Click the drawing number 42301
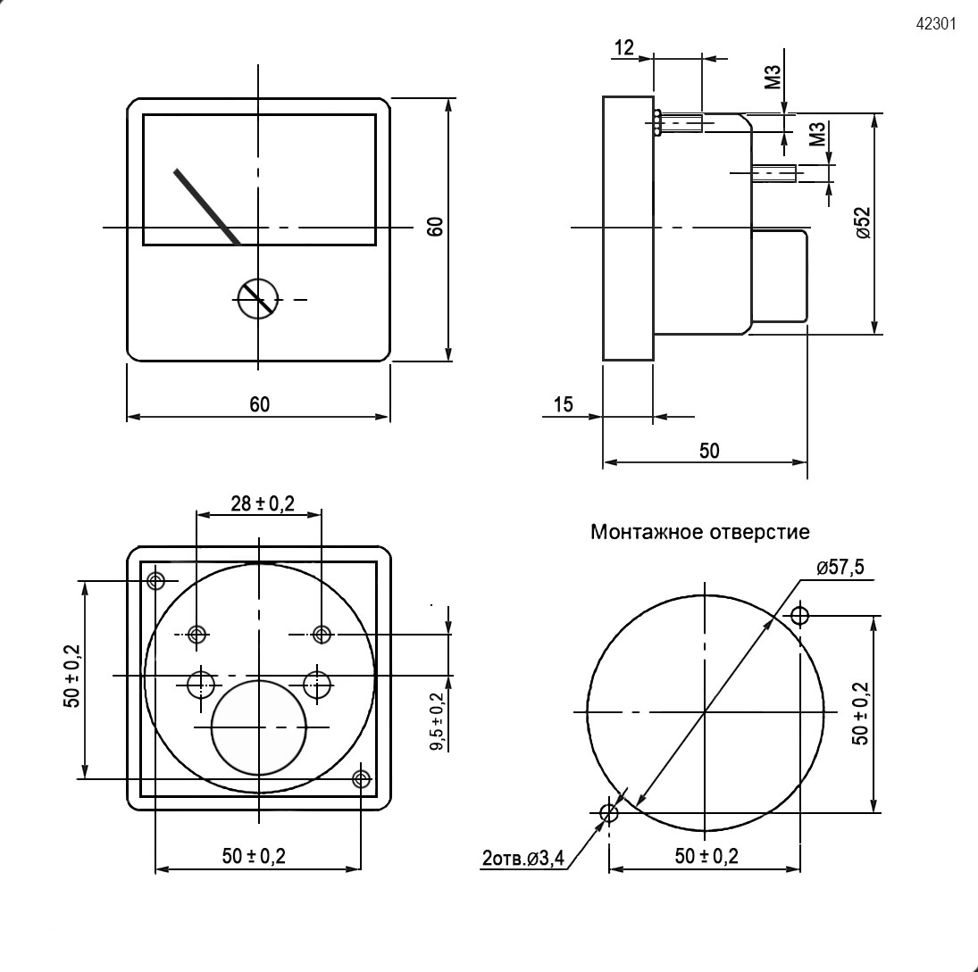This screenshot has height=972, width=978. click(x=936, y=24)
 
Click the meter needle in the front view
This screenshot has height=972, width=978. click(x=207, y=207)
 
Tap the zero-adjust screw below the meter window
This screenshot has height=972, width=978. click(x=257, y=299)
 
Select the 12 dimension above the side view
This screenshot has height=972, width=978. click(x=624, y=47)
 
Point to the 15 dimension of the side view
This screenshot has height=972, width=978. click(x=564, y=404)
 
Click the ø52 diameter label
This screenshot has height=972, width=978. click(x=864, y=222)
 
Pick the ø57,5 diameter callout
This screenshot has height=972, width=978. click(x=840, y=568)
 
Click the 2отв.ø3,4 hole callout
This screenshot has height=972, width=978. click(x=522, y=859)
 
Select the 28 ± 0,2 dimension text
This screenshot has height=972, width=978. click(x=263, y=503)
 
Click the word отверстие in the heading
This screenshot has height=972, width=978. click(x=760, y=532)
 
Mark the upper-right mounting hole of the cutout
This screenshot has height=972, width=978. click(x=799, y=616)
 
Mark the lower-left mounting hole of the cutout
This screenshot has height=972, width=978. click(x=609, y=813)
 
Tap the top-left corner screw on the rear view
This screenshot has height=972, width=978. click(x=156, y=581)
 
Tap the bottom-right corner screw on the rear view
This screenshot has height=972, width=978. click(x=362, y=779)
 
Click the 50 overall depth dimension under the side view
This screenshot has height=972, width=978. click(x=709, y=451)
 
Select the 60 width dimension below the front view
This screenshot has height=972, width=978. click(x=260, y=404)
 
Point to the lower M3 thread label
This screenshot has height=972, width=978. click(x=818, y=134)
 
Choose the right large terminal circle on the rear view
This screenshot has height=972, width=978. click(x=318, y=685)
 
